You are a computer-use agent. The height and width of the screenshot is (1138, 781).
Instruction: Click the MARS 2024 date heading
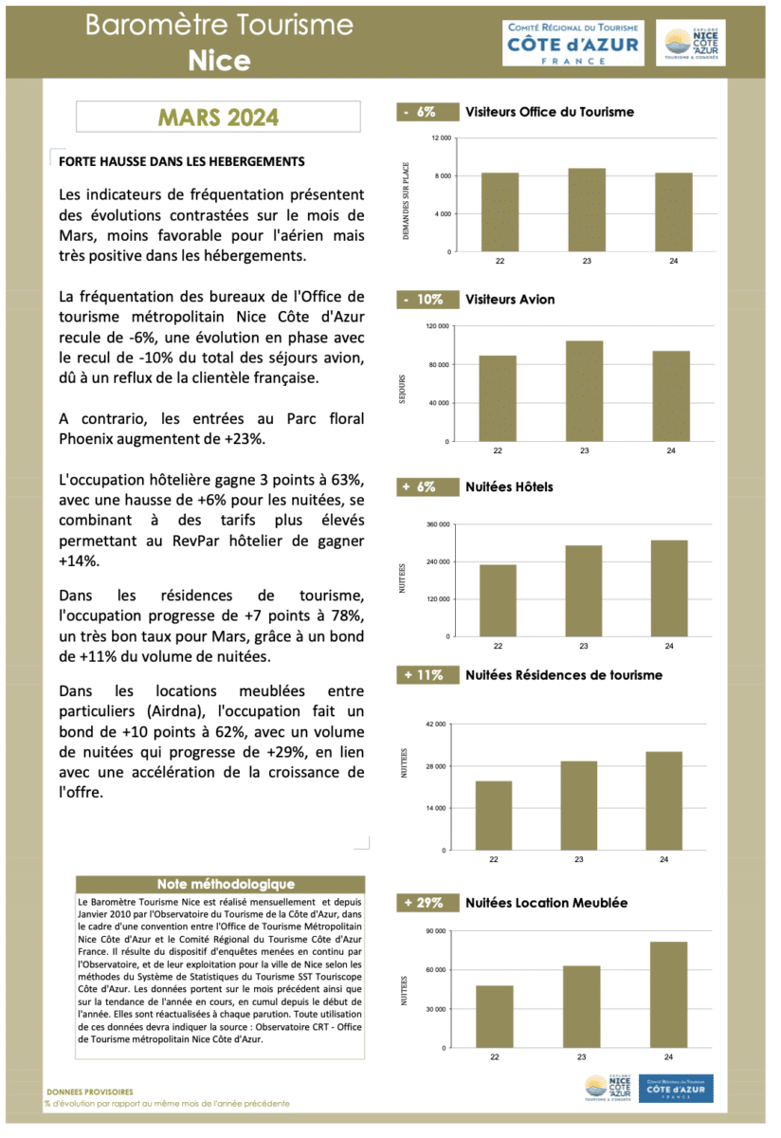pyautogui.click(x=218, y=118)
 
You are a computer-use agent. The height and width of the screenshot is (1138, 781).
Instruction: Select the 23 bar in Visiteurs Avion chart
pyautogui.click(x=585, y=391)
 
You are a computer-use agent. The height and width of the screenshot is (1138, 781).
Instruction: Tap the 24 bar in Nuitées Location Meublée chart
pyautogui.click(x=669, y=994)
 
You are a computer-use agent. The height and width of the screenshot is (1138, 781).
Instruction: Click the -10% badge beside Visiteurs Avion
pyautogui.click(x=424, y=300)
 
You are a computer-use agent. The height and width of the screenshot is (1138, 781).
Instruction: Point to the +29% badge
pyautogui.click(x=424, y=903)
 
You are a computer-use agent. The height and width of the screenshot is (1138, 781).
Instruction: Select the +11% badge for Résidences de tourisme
pyautogui.click(x=424, y=675)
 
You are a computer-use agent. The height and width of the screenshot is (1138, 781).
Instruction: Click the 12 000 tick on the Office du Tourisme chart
pyautogui.click(x=442, y=139)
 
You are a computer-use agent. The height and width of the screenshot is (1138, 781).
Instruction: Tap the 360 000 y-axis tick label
pyautogui.click(x=437, y=524)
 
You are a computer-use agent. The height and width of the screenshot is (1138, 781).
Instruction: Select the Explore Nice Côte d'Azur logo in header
pyautogui.click(x=690, y=44)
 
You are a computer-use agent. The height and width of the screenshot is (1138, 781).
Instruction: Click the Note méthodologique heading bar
pyautogui.click(x=219, y=884)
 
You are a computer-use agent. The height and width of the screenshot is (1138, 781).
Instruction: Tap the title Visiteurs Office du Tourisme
pyautogui.click(x=550, y=112)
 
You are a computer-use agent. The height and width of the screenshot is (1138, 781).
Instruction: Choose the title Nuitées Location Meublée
pyautogui.click(x=546, y=903)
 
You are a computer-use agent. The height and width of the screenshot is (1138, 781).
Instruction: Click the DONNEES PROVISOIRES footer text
pyautogui.click(x=90, y=1092)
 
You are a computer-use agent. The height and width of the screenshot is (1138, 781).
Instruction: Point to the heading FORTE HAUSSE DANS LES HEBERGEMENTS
pyautogui.click(x=181, y=162)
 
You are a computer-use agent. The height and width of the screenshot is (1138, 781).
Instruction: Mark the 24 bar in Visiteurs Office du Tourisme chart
pyautogui.click(x=673, y=212)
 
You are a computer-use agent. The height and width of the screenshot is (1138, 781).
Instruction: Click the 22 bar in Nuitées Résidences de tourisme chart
pyautogui.click(x=494, y=816)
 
